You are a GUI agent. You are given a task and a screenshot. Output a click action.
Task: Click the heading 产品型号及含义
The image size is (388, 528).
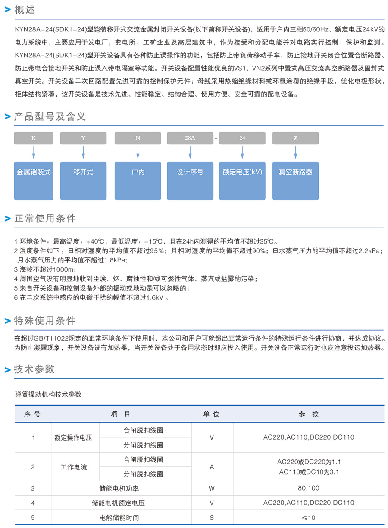50,116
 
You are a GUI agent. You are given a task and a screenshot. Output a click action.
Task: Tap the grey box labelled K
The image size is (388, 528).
34,138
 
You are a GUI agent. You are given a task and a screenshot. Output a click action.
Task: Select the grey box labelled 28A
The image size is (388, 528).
190,138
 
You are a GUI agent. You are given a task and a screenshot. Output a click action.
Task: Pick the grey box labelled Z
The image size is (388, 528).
295,138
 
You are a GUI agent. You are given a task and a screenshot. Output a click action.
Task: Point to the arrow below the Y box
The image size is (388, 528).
83,152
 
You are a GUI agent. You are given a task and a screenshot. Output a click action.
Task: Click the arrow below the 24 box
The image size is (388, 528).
242,152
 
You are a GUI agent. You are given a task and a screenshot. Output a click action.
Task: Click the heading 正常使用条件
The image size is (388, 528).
45,219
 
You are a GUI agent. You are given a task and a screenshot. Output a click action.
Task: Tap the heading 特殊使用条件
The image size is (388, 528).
45,321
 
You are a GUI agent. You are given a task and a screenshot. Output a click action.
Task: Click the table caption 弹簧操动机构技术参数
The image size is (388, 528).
48,394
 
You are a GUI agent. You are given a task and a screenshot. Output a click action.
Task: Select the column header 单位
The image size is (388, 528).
211,414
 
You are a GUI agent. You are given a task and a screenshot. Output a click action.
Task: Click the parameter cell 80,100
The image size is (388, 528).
309,488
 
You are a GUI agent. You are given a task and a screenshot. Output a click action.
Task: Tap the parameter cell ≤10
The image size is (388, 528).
309,517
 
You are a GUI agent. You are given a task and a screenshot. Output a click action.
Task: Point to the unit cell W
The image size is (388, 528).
211,488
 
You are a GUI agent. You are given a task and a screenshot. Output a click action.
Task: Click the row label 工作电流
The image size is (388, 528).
74,467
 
